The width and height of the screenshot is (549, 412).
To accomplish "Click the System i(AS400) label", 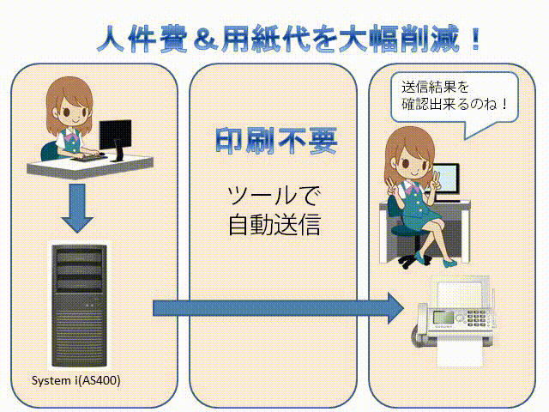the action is tap(76, 380).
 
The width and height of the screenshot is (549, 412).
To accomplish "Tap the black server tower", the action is tap(79, 306).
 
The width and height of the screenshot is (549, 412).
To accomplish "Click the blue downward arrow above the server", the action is tap(77, 208).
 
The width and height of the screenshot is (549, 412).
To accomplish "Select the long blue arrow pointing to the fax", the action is tap(278, 308).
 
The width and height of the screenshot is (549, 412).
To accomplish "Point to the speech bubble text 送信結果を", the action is tap(435, 87).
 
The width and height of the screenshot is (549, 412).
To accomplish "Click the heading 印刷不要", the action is tap(276, 141).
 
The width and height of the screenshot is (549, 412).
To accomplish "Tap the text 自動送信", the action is tap(274, 224).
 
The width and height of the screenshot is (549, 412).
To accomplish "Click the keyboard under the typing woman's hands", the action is tap(89, 158).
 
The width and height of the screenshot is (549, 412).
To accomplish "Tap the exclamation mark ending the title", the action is tap(475, 38).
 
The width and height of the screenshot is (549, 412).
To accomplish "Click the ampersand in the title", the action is tap(206, 39).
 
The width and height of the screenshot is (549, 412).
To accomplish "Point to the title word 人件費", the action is tap(142, 39).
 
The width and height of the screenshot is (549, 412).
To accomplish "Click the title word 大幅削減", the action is tap(398, 39).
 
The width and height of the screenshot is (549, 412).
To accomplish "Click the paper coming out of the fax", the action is tap(460, 354).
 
